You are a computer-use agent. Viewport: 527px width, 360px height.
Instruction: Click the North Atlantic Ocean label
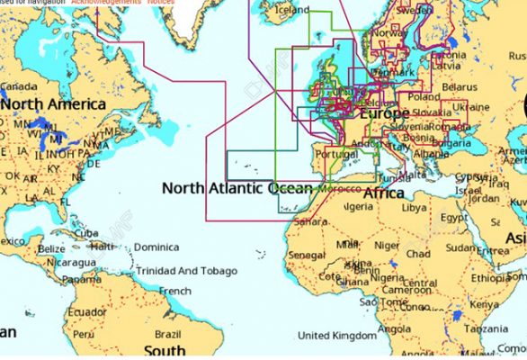point(237,188)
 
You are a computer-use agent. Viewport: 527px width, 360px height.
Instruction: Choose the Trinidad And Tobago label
point(186,271)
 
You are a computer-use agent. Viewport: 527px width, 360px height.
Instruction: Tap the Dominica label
point(156,247)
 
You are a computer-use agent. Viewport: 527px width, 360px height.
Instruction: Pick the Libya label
point(414,207)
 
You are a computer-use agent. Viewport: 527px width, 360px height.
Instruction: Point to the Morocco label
point(340,190)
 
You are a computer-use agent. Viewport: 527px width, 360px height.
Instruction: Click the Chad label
point(418,254)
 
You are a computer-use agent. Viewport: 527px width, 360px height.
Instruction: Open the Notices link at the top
point(160,3)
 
